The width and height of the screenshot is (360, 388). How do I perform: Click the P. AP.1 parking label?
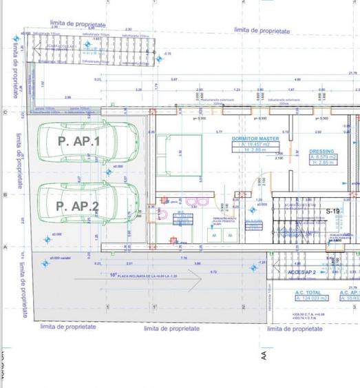(78, 141)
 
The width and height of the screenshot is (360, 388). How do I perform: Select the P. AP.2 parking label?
(77, 205)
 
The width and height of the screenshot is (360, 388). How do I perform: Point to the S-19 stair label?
(333, 211)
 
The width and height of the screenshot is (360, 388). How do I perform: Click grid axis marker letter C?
(6, 112)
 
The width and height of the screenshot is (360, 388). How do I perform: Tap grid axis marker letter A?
(6, 247)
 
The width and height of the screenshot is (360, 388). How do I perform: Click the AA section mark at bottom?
(263, 356)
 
